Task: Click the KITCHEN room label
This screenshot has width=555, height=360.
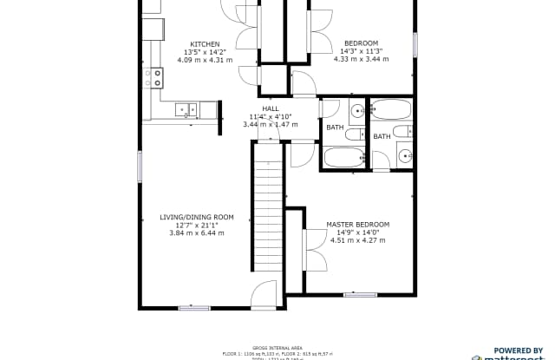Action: (205, 44)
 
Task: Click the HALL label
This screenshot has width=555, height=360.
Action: (271, 108)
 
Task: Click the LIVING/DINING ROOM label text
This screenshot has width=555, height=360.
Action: (197, 217)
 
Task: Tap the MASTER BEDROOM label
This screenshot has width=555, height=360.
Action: (357, 225)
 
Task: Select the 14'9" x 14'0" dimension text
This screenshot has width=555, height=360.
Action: (357, 232)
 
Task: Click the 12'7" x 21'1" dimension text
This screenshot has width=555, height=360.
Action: (197, 225)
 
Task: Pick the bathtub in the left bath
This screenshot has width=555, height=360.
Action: (344, 158)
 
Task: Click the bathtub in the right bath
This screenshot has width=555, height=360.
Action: (393, 109)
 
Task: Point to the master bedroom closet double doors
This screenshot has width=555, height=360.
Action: (309, 251)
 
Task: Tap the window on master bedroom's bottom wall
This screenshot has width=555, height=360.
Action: (360, 295)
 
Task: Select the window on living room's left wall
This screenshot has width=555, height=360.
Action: (140, 167)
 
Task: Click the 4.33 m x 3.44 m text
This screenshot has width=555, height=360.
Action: (361, 59)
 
